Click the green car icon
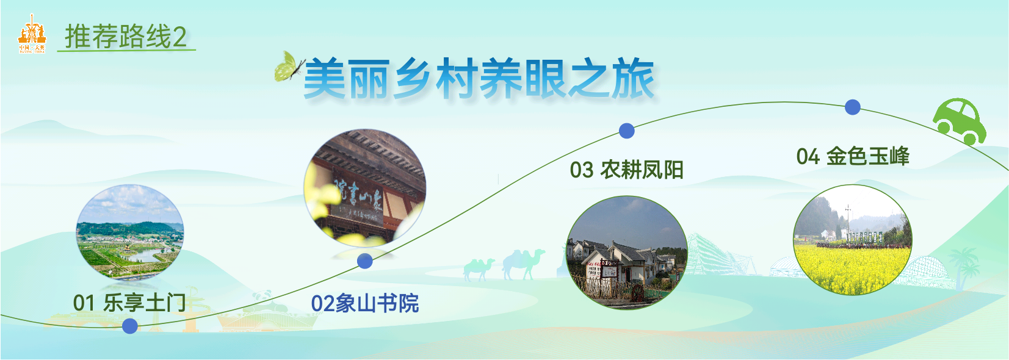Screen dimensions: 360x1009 click(959, 120)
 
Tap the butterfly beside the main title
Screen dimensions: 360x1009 click(289, 67)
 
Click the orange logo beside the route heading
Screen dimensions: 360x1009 click(32, 36)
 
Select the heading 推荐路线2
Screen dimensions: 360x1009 click(126, 37)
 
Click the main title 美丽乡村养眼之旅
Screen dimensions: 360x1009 click(479, 79)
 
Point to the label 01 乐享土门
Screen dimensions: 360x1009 click(129, 303)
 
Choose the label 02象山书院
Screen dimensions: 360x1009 click(365, 303)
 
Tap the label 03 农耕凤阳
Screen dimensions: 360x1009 click(626, 170)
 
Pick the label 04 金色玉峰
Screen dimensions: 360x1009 click(853, 156)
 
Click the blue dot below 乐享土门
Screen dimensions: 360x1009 click(129, 326)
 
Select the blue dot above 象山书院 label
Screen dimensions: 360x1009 click(365, 261)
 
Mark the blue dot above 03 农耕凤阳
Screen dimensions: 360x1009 click(627, 131)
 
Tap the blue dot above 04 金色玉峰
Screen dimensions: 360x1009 click(853, 107)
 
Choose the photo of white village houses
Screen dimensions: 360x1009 click(627, 252)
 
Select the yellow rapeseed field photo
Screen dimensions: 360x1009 click(852, 240)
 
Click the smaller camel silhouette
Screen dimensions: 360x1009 click(479, 268)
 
